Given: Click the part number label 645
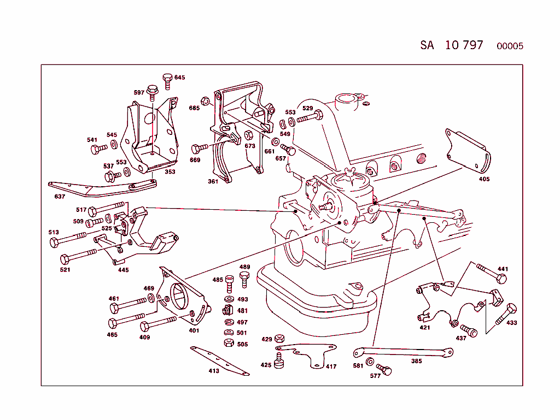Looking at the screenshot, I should click(x=179, y=78).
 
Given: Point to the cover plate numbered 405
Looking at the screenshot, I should click(x=468, y=150).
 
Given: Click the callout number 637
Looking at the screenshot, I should click(x=60, y=197).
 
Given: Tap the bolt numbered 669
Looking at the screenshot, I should click(x=200, y=148).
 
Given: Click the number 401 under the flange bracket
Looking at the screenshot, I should click(x=194, y=330).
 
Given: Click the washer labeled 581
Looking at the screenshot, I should click(x=370, y=362).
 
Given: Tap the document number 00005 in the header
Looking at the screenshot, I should click(x=510, y=46).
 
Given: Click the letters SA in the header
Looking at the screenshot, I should click(x=427, y=45).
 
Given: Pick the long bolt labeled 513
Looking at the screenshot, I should click(x=68, y=239).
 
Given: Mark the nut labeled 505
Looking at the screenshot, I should click(x=229, y=344).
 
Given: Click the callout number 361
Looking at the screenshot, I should click(x=213, y=181).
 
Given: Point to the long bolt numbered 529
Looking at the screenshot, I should click(x=310, y=117).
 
